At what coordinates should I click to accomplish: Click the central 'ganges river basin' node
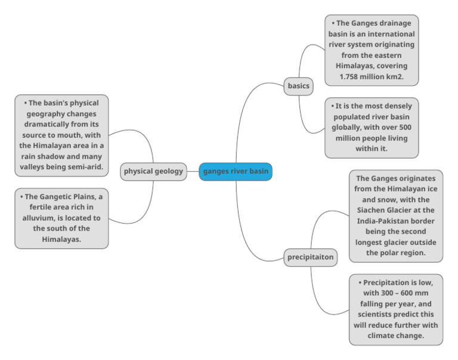236,172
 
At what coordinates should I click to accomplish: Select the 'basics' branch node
298,86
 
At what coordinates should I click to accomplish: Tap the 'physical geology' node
153,172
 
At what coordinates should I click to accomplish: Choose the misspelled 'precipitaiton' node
309,257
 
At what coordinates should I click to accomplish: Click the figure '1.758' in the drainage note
353,77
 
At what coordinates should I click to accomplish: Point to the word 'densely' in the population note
397,106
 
